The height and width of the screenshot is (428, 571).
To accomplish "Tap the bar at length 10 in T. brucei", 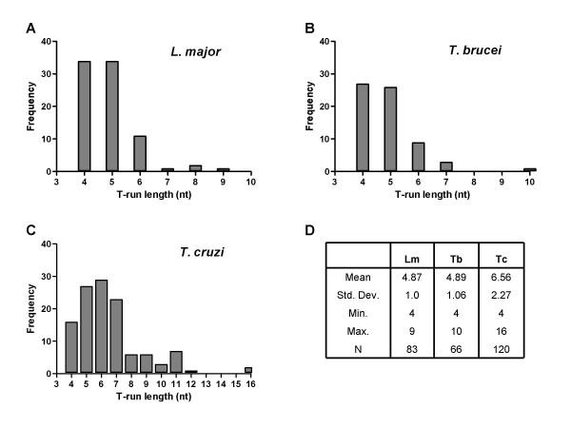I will pos(528,169).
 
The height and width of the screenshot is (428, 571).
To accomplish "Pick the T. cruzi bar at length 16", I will pos(248,370).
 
